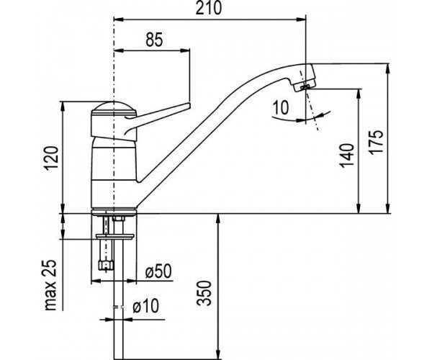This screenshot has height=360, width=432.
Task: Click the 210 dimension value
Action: [209, 8]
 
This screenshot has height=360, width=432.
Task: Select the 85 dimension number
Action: [154, 40]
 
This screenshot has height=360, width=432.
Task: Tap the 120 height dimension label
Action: [52, 158]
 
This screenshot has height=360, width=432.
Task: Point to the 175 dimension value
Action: [377, 142]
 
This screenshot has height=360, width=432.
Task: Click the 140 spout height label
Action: [346, 156]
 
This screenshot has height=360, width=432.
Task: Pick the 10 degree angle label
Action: [281, 107]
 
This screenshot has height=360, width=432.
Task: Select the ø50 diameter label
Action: [158, 271]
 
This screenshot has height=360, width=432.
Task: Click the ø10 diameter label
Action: [146, 306]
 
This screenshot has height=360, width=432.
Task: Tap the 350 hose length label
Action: [204, 293]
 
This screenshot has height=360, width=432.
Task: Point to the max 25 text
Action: [50, 285]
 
